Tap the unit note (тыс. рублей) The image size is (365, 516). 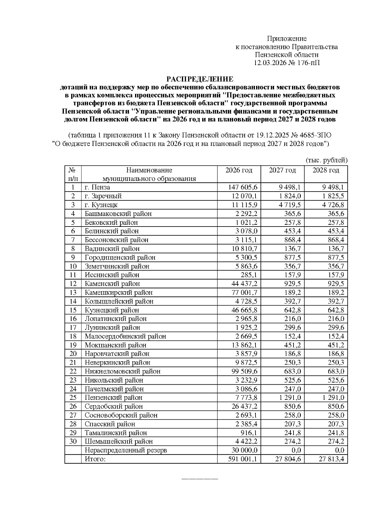click(x=326, y=160)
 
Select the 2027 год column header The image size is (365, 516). click(x=282, y=170)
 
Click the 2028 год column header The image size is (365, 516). click(x=326, y=170)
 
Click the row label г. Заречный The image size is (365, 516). click(x=103, y=196)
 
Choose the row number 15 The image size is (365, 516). click(x=73, y=310)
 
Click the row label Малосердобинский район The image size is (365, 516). click(x=125, y=336)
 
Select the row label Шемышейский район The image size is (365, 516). click(x=119, y=442)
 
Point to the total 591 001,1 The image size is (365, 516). click(x=243, y=459)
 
